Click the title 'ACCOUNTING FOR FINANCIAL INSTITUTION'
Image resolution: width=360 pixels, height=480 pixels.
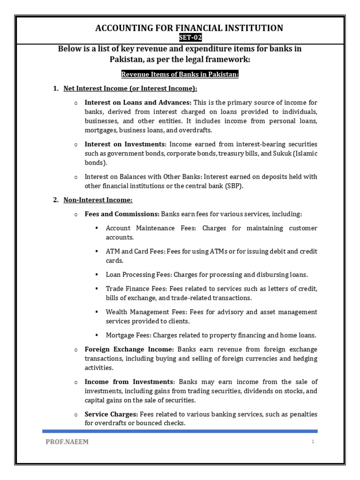[189, 28]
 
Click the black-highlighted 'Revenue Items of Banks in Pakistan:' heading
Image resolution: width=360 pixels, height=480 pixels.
[180, 75]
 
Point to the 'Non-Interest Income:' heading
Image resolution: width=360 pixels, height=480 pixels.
[98, 200]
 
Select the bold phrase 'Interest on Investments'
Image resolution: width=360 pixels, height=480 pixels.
[125, 144]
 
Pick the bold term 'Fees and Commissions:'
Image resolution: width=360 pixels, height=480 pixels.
[122, 214]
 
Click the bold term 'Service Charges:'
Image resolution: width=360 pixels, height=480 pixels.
[111, 414]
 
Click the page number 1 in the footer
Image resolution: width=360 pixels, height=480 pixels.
[312, 442]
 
